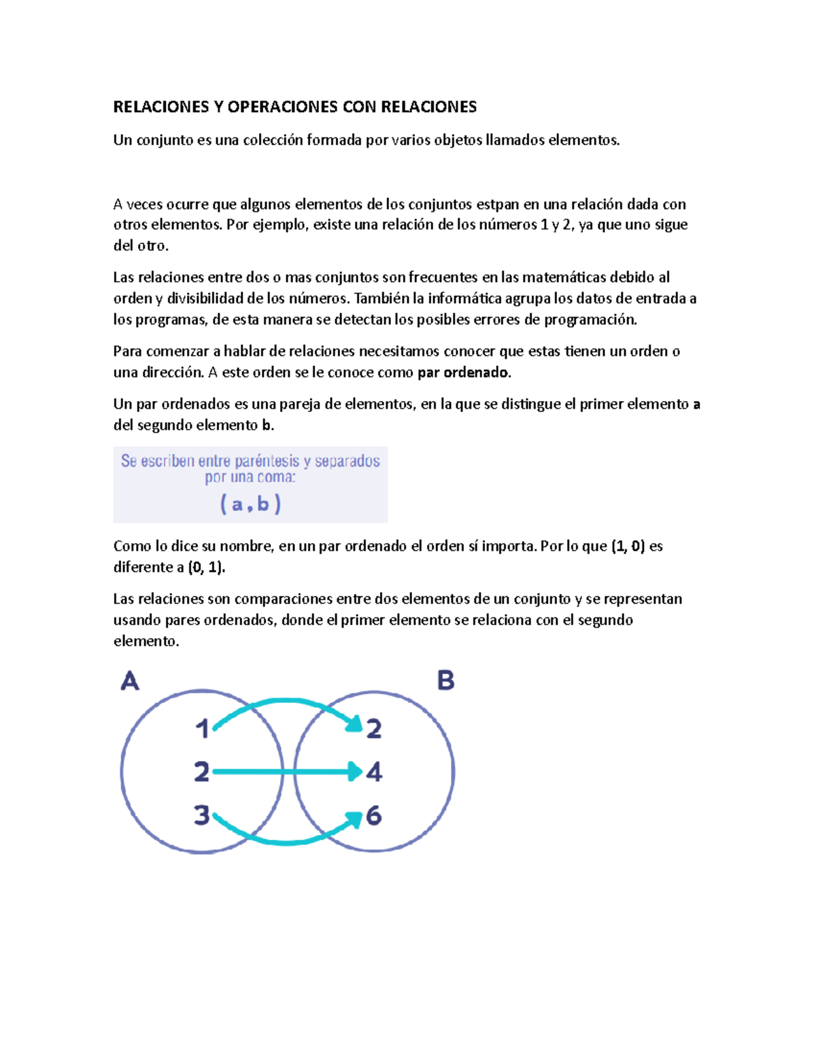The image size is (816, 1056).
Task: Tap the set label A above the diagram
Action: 130,681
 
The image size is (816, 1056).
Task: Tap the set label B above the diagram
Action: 445,680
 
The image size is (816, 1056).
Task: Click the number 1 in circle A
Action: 202,729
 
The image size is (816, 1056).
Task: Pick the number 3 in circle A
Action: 201,815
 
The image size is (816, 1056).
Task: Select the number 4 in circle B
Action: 374,772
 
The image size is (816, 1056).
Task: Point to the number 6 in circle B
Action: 374,815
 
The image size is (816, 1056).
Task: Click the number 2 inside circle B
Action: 374,729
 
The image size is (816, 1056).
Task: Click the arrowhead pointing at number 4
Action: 354,772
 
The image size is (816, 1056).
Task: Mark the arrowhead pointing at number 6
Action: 353,821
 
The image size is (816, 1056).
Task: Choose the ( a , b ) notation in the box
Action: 250,504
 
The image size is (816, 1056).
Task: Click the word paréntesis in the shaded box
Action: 267,461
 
